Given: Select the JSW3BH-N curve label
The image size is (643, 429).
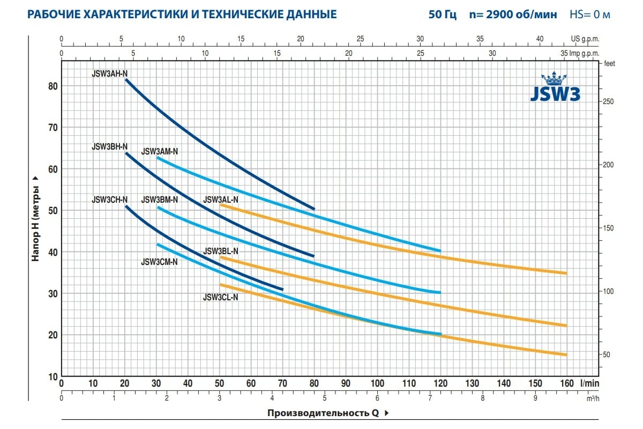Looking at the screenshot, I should pyautogui.click(x=110, y=146).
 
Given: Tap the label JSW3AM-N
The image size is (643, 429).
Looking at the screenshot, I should pyautogui.click(x=160, y=152).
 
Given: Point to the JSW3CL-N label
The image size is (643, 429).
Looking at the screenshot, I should pyautogui.click(x=220, y=298).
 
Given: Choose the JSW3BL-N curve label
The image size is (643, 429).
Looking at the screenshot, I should pyautogui.click(x=221, y=251).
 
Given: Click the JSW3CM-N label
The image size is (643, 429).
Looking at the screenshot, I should pyautogui.click(x=160, y=262).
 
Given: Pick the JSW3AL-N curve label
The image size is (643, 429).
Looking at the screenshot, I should pyautogui.click(x=221, y=199).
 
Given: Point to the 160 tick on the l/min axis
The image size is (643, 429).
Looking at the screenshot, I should pyautogui.click(x=567, y=383).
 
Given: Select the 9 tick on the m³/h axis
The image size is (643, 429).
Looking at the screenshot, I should pyautogui.click(x=535, y=398).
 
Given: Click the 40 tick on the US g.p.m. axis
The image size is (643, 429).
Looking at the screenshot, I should pyautogui.click(x=540, y=39).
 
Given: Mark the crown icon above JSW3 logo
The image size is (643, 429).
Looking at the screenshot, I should pyautogui.click(x=555, y=79).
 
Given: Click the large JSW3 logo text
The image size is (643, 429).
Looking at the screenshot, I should pyautogui.click(x=555, y=93).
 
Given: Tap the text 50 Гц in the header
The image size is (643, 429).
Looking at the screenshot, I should pyautogui.click(x=443, y=14).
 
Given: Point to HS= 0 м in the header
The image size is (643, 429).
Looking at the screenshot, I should pyautogui.click(x=590, y=14).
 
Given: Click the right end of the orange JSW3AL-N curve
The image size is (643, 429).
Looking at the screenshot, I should pyautogui.click(x=566, y=273).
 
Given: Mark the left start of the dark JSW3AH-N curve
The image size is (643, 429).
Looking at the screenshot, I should pyautogui.click(x=126, y=80).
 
